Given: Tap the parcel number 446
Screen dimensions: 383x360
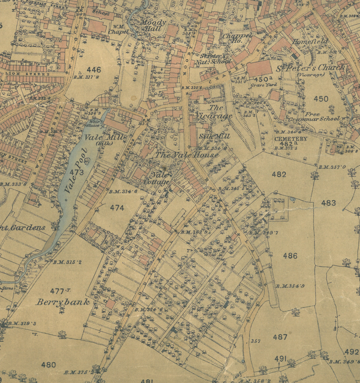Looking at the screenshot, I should (x=94, y=70).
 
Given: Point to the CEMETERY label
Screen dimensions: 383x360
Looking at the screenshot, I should (x=291, y=139).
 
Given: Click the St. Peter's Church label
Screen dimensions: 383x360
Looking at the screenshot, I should (x=311, y=68).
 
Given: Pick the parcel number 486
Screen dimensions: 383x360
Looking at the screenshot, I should (x=290, y=256).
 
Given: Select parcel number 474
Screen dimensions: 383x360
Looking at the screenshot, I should (x=117, y=207).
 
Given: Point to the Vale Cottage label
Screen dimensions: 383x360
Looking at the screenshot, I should (x=157, y=178).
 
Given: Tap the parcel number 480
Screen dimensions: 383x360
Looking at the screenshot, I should (x=48, y=365).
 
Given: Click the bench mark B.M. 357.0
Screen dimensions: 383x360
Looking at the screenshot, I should (x=332, y=167).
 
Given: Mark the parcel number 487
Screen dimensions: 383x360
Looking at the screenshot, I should (x=280, y=337).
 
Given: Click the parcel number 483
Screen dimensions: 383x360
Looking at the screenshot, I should (x=328, y=203).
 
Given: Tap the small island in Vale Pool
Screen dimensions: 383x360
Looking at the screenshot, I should (x=88, y=161).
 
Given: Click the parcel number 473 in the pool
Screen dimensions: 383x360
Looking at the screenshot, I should (x=76, y=172).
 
